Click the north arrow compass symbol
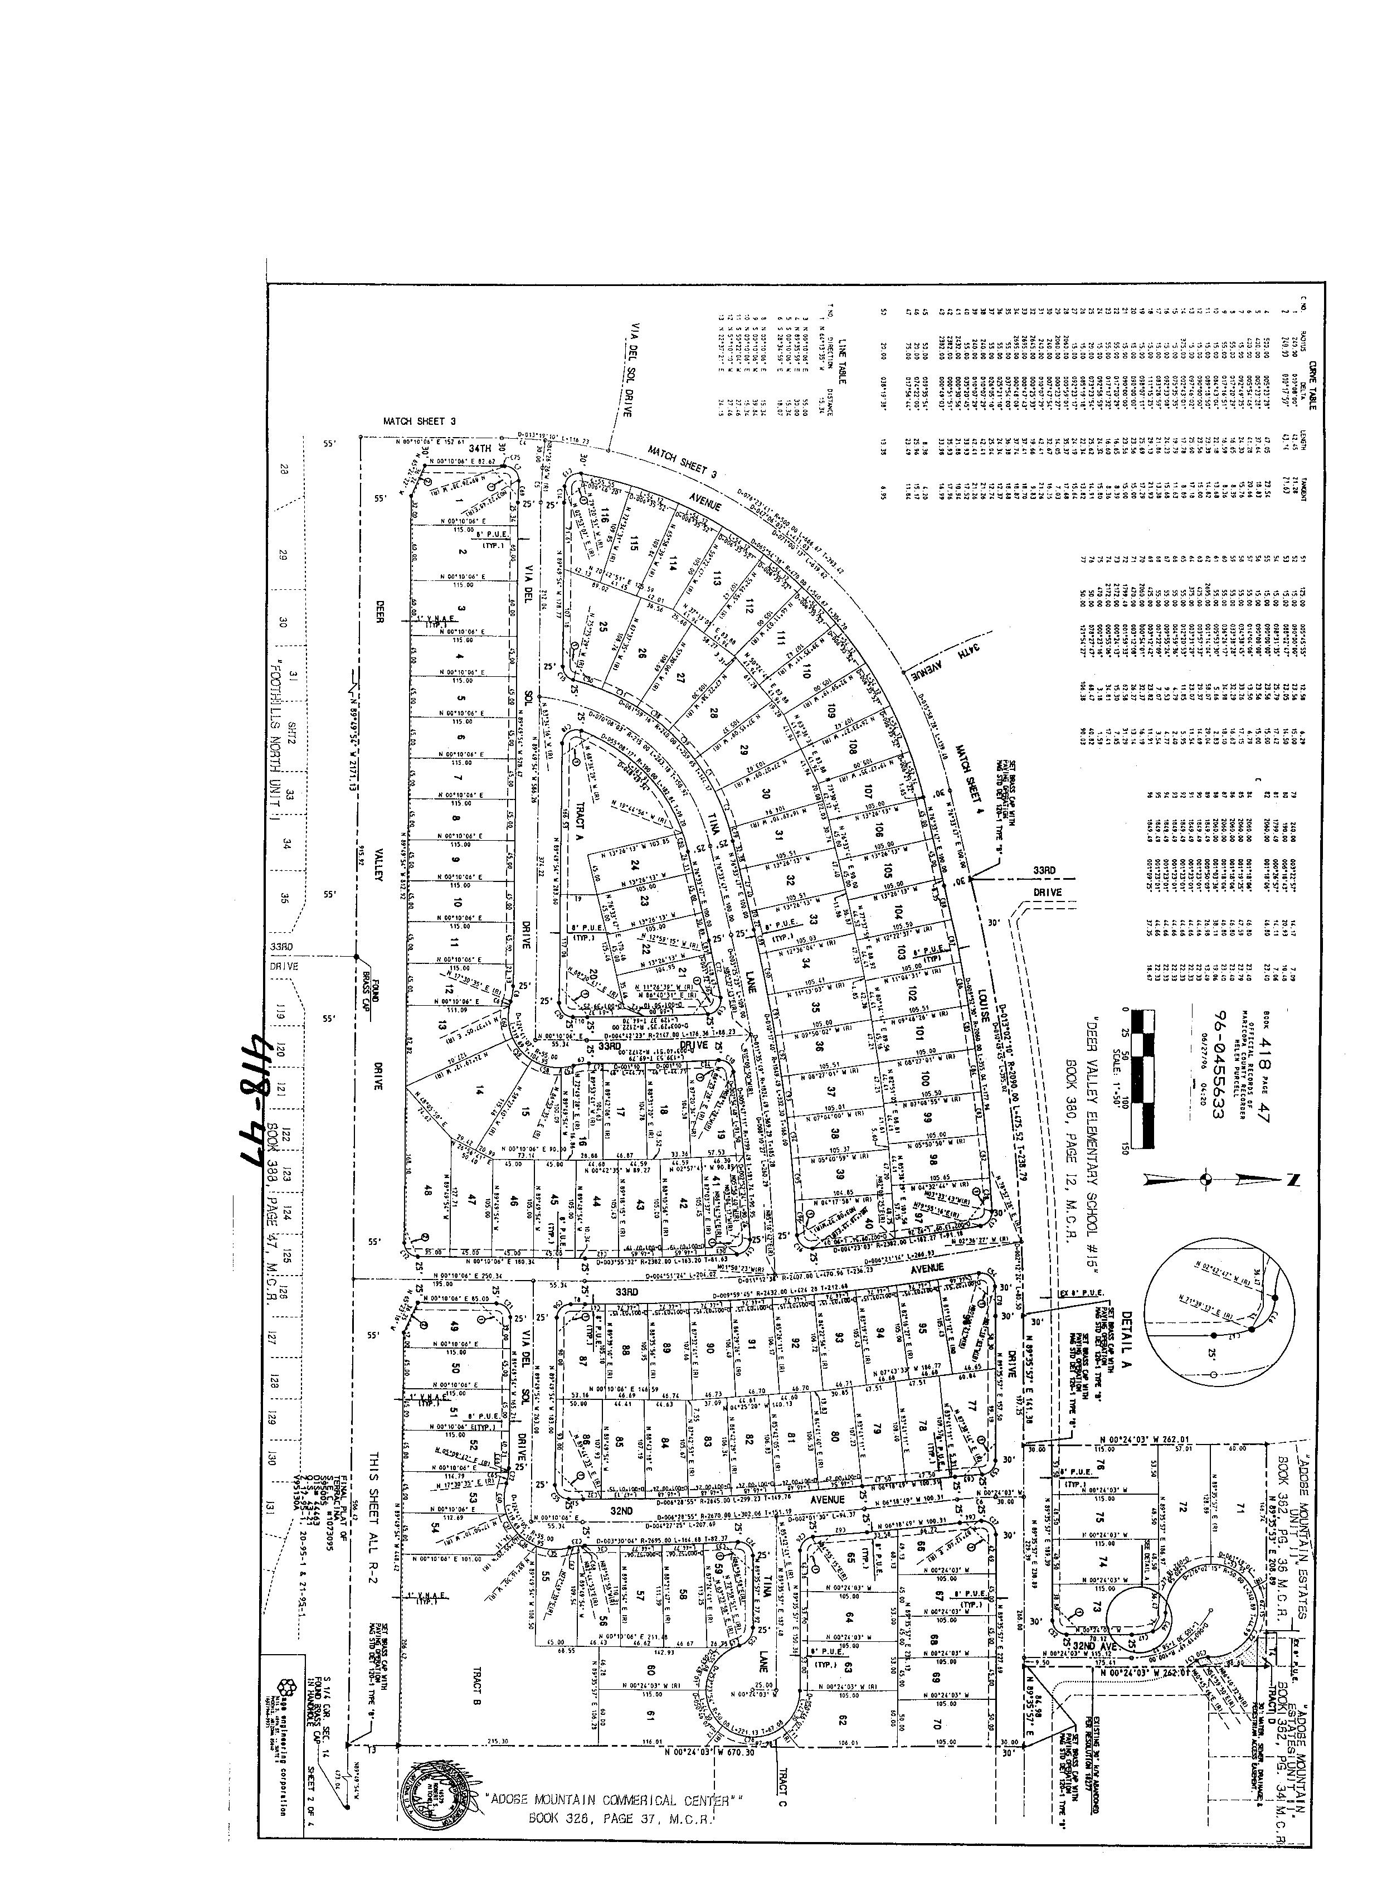(x=1206, y=1180)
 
